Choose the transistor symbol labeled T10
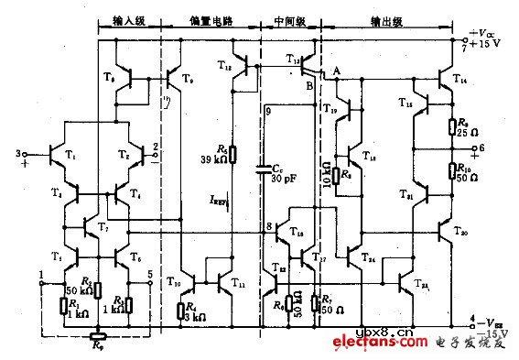pos(187,275)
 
